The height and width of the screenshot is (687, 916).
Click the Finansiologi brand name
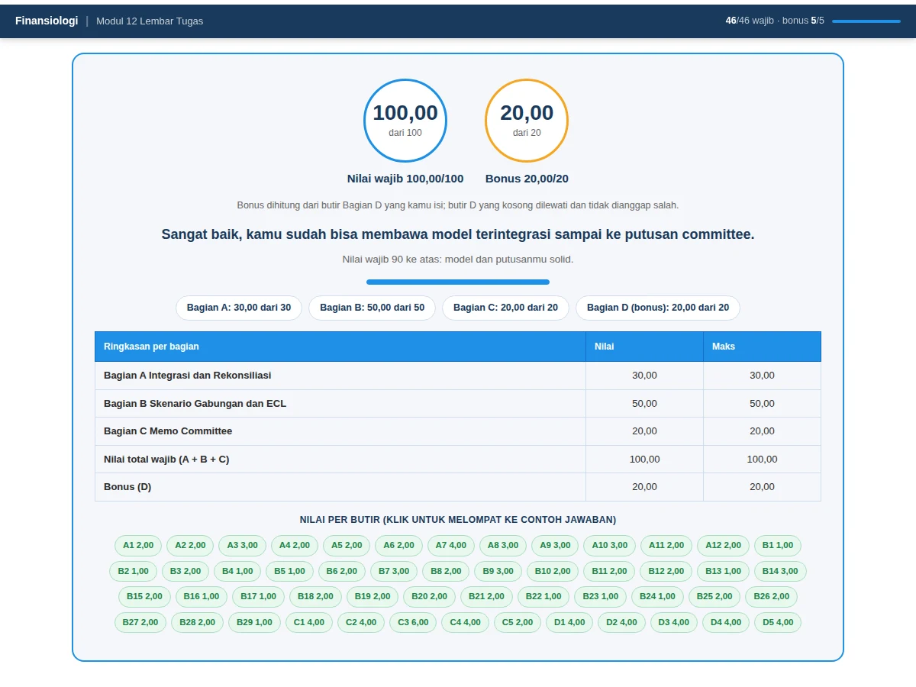[47, 21]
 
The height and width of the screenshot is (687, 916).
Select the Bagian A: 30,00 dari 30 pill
[239, 308]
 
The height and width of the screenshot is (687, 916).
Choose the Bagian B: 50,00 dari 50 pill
[372, 308]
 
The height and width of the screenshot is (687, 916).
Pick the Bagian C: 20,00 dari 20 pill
[505, 308]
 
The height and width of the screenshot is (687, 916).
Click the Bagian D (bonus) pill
[658, 308]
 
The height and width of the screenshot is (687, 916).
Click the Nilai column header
[604, 347]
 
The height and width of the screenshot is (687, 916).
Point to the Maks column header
[723, 347]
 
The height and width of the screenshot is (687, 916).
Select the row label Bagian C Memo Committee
[168, 431]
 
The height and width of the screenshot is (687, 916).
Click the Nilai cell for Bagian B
[644, 403]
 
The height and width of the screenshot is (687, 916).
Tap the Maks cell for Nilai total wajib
[762, 459]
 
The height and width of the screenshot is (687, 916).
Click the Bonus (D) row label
[127, 486]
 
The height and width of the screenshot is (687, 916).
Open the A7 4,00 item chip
[450, 545]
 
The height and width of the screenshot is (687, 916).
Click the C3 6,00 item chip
[413, 622]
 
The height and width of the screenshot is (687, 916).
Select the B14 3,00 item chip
[780, 571]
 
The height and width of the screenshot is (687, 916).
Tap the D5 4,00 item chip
[778, 622]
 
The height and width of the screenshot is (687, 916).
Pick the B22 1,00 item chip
[543, 596]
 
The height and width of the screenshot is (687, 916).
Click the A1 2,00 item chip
[138, 545]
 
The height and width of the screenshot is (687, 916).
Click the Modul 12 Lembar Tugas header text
[150, 21]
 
